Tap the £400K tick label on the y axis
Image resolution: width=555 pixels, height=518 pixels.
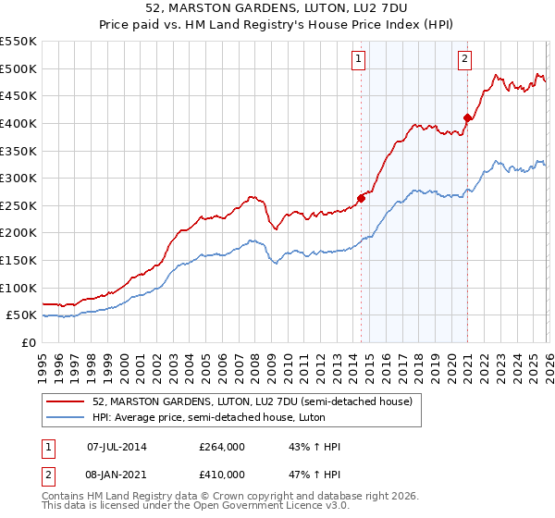[18, 123]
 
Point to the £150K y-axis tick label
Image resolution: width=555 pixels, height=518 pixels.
[18, 260]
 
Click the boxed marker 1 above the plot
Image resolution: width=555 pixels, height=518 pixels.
[359, 60]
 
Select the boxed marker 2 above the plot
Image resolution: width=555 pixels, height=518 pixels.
[464, 60]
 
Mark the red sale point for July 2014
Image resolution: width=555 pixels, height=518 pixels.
[361, 197]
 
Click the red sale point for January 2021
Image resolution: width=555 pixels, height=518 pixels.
[467, 117]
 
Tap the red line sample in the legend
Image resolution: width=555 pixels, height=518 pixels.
[67, 401]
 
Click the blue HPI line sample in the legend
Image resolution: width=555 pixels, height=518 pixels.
[67, 416]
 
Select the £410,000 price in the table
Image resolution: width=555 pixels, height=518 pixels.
[221, 474]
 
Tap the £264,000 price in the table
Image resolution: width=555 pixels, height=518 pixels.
[221, 447]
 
